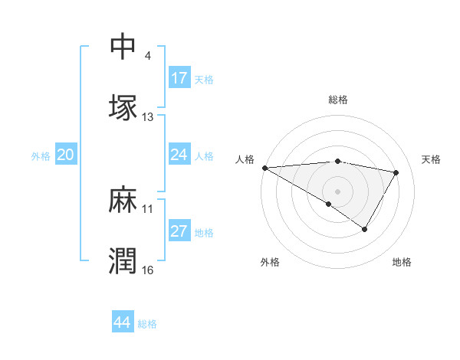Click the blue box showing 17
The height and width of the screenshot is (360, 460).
[x=179, y=78]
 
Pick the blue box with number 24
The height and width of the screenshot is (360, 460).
[x=179, y=155]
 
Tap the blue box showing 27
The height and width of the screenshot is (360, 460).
[x=179, y=232]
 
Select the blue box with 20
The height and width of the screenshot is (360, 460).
[x=66, y=155]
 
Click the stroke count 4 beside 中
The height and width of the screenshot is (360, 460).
[x=147, y=56]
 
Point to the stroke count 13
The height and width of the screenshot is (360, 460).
[x=148, y=117]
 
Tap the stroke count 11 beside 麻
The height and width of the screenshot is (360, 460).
[x=148, y=209]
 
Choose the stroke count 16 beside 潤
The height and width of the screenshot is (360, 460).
[x=148, y=270]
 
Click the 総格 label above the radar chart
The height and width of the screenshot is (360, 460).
[x=338, y=100]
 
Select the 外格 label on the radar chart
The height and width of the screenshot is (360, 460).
[x=270, y=262]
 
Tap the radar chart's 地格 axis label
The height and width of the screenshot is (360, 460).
[x=402, y=262]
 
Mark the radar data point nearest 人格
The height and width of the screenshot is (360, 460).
[x=264, y=168]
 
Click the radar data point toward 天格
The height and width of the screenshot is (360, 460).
[x=396, y=172]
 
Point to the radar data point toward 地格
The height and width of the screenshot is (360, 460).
[x=365, y=229]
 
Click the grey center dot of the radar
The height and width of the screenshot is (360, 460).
[x=337, y=191]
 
